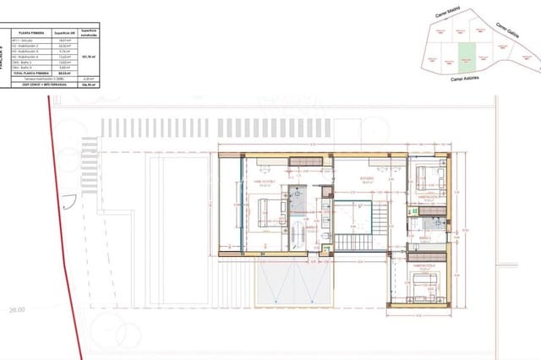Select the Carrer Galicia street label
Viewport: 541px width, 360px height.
508,30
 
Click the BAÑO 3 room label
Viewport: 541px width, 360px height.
424,237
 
